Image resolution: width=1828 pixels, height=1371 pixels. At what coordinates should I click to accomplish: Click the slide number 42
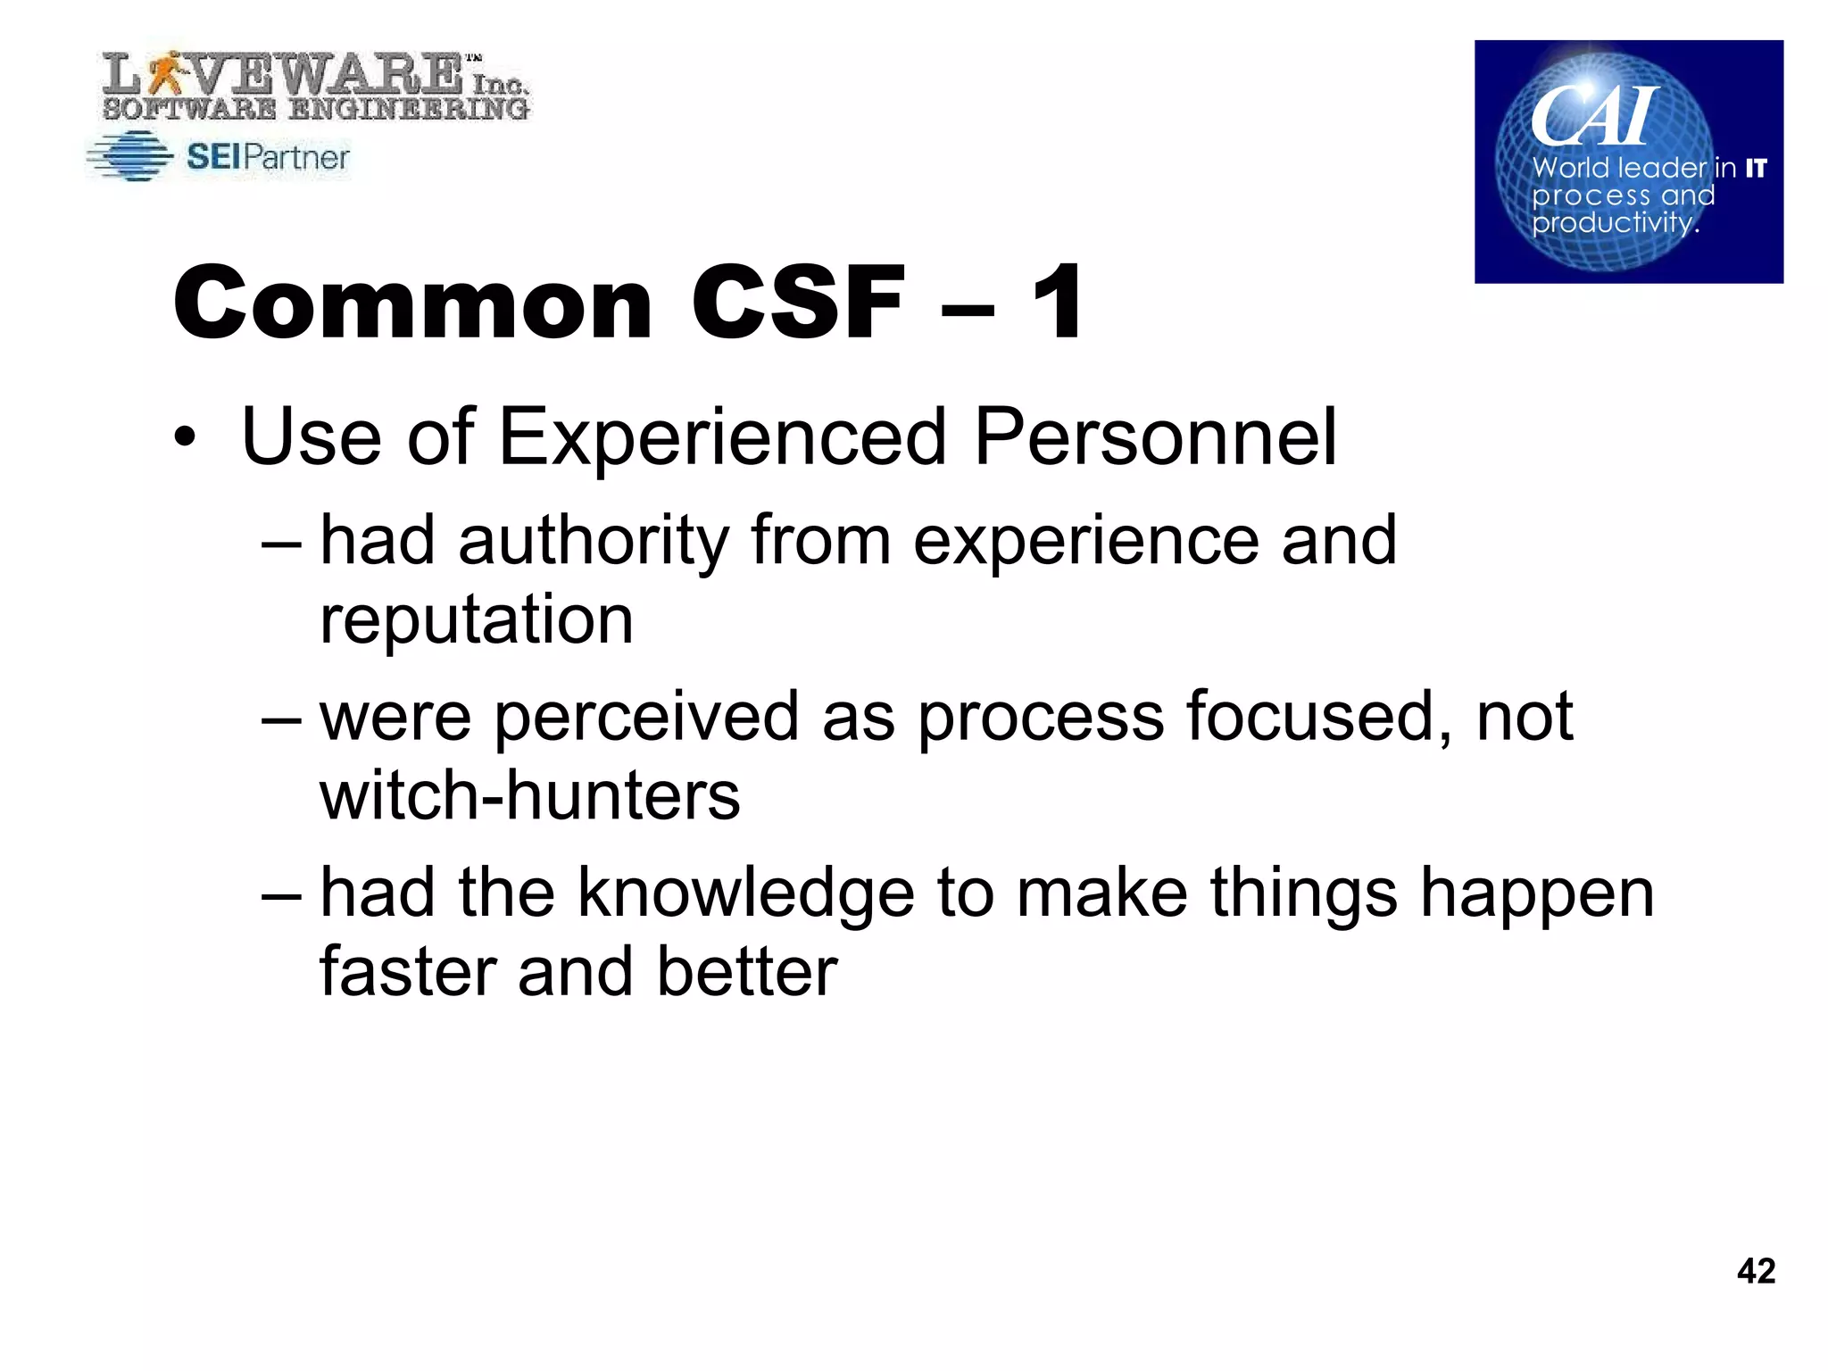click(x=1756, y=1270)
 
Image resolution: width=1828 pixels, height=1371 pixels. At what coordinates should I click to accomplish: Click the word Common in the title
click(x=413, y=303)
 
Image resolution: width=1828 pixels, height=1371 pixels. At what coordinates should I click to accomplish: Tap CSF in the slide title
click(x=798, y=303)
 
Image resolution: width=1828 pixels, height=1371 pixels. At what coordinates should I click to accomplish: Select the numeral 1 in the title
click(x=1059, y=303)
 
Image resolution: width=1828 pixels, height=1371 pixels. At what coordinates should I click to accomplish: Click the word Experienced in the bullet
click(x=721, y=437)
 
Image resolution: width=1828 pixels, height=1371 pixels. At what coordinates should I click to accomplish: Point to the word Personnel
click(x=1155, y=437)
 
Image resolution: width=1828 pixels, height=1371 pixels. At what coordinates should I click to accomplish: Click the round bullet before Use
click(x=184, y=439)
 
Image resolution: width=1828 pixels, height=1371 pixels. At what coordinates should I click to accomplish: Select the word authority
click(x=594, y=542)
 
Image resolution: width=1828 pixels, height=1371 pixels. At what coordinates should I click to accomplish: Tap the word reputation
click(x=477, y=619)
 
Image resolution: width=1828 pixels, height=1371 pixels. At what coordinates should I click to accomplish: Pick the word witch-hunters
click(x=529, y=795)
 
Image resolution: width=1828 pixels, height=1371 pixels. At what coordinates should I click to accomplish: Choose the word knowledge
click(x=746, y=893)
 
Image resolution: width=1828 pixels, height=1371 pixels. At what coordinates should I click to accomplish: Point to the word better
click(x=747, y=971)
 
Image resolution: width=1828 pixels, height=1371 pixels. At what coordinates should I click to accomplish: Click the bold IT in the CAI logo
click(x=1756, y=168)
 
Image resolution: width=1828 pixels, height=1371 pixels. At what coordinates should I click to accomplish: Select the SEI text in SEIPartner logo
click(x=213, y=157)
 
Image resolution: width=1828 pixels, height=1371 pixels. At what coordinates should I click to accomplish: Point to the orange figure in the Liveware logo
click(x=165, y=71)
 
